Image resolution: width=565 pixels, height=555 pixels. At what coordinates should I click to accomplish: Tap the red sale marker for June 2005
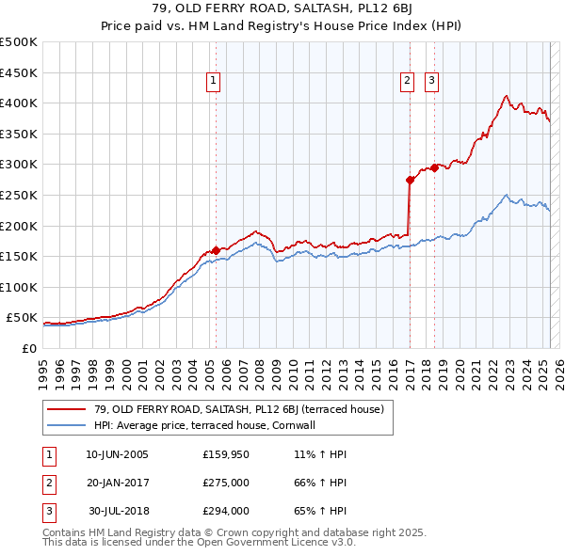(x=216, y=250)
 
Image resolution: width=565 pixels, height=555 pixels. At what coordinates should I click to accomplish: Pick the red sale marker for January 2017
(x=411, y=180)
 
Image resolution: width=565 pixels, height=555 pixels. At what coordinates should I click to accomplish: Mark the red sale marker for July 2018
(x=434, y=168)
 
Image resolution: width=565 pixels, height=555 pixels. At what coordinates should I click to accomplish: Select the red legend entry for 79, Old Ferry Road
(x=238, y=409)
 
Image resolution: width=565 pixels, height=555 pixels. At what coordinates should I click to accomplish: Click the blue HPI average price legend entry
(x=203, y=425)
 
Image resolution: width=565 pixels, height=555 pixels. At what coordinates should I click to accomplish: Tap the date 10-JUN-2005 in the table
(x=117, y=454)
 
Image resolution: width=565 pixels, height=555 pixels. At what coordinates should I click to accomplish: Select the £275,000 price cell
(x=225, y=483)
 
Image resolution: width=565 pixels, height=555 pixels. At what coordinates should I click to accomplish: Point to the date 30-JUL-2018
(x=119, y=511)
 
